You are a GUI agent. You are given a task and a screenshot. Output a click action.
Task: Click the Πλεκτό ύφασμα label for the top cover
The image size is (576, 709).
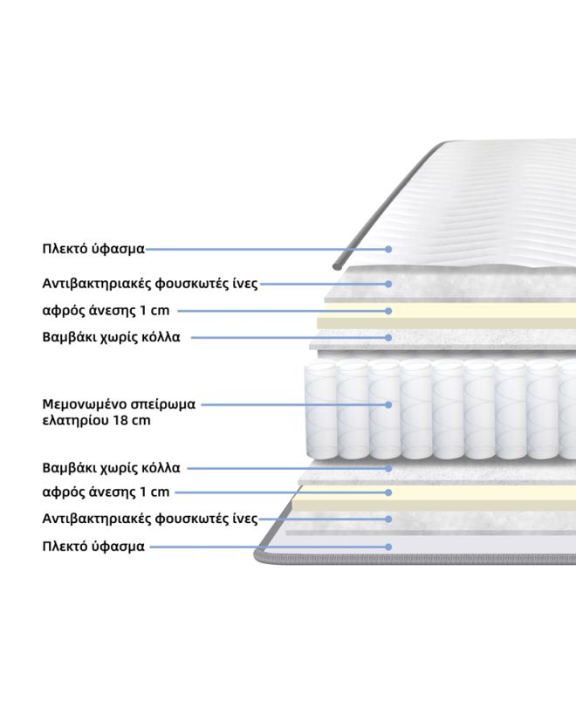click(93, 249)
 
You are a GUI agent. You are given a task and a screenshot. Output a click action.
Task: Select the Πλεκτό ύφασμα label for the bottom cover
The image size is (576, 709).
click(93, 547)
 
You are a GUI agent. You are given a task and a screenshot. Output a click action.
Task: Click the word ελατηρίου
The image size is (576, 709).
click(76, 421)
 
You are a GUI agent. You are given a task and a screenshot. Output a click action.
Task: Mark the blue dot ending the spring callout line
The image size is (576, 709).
click(388, 404)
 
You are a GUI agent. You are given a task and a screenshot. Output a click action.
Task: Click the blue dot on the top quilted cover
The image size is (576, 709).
click(388, 249)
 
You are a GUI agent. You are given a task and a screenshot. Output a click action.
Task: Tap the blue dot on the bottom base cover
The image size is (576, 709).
click(388, 547)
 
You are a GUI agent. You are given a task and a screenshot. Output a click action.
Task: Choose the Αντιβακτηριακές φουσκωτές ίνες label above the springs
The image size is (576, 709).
click(150, 284)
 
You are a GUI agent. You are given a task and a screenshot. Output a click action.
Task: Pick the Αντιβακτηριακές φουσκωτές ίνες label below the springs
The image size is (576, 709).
click(150, 518)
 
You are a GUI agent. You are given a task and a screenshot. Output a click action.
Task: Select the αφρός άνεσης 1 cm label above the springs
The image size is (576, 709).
click(106, 311)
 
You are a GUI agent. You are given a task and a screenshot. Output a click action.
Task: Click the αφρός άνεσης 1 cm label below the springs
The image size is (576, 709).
click(106, 492)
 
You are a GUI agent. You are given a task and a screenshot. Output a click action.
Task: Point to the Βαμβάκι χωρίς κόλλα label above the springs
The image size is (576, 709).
click(111, 337)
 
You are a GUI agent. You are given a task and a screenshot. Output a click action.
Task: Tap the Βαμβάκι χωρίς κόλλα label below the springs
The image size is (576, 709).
click(111, 467)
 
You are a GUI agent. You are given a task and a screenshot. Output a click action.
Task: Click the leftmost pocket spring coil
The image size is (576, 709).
click(321, 410)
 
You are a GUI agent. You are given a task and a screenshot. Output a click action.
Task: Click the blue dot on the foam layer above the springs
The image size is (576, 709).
click(388, 311)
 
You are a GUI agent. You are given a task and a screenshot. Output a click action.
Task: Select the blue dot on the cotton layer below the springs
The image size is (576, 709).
click(388, 468)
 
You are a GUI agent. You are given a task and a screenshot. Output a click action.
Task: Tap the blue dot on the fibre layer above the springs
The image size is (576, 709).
click(388, 284)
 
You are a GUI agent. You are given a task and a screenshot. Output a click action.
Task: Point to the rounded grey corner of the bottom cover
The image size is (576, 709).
click(261, 557)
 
